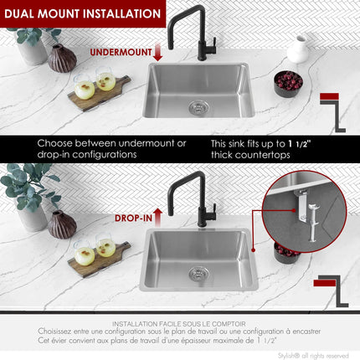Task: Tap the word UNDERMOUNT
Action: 120,52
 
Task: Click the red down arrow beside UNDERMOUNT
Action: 158,53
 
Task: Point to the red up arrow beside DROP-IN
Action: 158,218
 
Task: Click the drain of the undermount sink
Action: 198,106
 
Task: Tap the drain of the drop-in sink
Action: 198,273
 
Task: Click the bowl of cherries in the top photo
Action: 288,82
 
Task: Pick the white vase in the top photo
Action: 298,50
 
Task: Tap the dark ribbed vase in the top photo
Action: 61,58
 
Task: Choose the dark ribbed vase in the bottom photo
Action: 61,224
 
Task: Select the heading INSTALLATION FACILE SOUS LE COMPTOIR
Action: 179,322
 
